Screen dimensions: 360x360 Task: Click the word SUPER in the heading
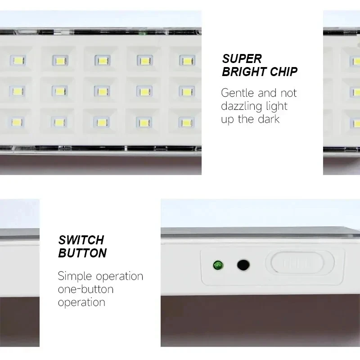point(242,58)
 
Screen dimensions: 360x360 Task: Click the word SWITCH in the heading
point(81,239)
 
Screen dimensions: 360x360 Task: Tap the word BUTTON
point(82,253)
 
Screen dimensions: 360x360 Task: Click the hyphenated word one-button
point(85,289)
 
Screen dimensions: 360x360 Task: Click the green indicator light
point(218,265)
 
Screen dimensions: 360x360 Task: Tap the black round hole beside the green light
point(243,265)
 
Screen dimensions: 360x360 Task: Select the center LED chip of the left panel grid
point(102,91)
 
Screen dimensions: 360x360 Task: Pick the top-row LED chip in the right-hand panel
point(355,61)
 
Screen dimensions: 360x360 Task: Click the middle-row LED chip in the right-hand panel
point(355,92)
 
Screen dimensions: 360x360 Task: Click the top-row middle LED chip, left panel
point(102,60)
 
